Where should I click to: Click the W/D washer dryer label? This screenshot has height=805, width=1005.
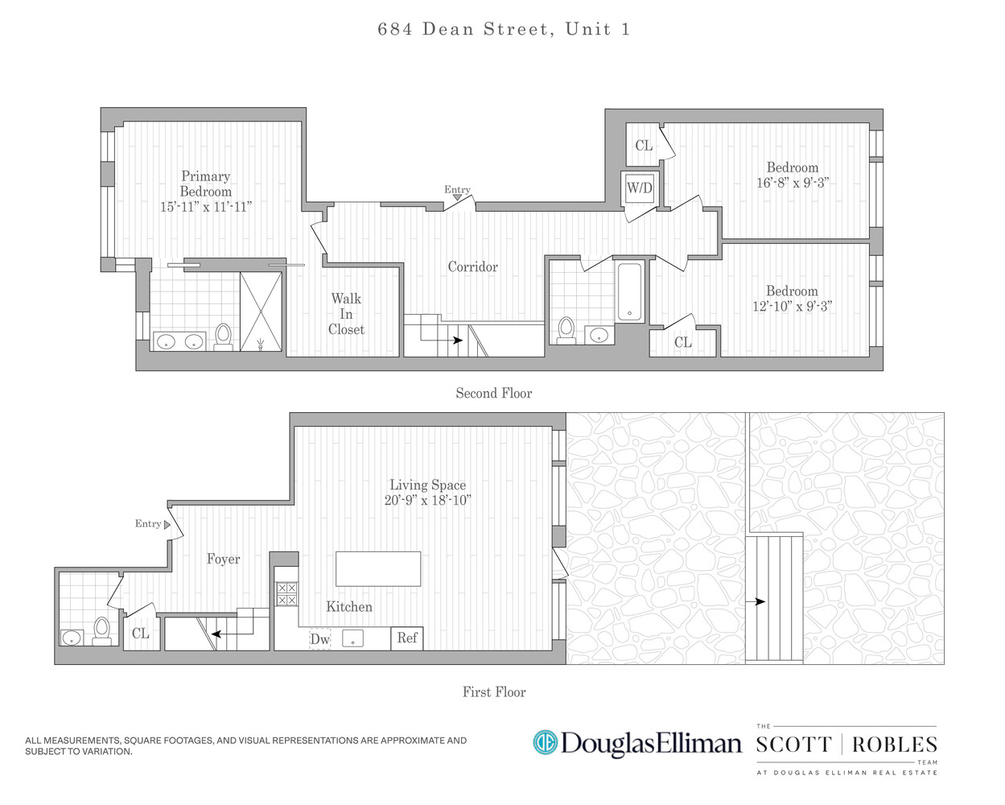(640, 188)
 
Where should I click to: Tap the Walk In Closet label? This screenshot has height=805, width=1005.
(346, 314)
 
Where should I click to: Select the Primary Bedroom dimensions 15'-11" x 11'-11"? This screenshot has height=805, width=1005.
(206, 207)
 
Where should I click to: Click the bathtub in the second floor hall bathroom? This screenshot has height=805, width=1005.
(630, 291)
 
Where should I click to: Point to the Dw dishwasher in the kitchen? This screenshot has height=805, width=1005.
(319, 639)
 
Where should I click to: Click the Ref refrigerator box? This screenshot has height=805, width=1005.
(407, 638)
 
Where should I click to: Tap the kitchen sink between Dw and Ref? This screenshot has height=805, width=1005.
(353, 638)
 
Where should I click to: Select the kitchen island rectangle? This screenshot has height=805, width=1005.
(378, 568)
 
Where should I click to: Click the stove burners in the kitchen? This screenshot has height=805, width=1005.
(286, 594)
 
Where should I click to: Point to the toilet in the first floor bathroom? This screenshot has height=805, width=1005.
(101, 630)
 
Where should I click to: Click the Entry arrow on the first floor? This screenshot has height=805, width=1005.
(167, 524)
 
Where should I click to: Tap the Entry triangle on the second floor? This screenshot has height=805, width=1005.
(457, 197)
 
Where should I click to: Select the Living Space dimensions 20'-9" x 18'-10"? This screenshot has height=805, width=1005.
(427, 500)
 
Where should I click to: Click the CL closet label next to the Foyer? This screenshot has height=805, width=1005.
(141, 634)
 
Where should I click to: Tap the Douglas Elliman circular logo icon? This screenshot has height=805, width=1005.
(545, 742)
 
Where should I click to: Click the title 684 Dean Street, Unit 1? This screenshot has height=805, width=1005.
(504, 30)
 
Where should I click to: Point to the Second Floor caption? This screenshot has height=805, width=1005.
(493, 393)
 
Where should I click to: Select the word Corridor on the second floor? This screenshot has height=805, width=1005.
(472, 266)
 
